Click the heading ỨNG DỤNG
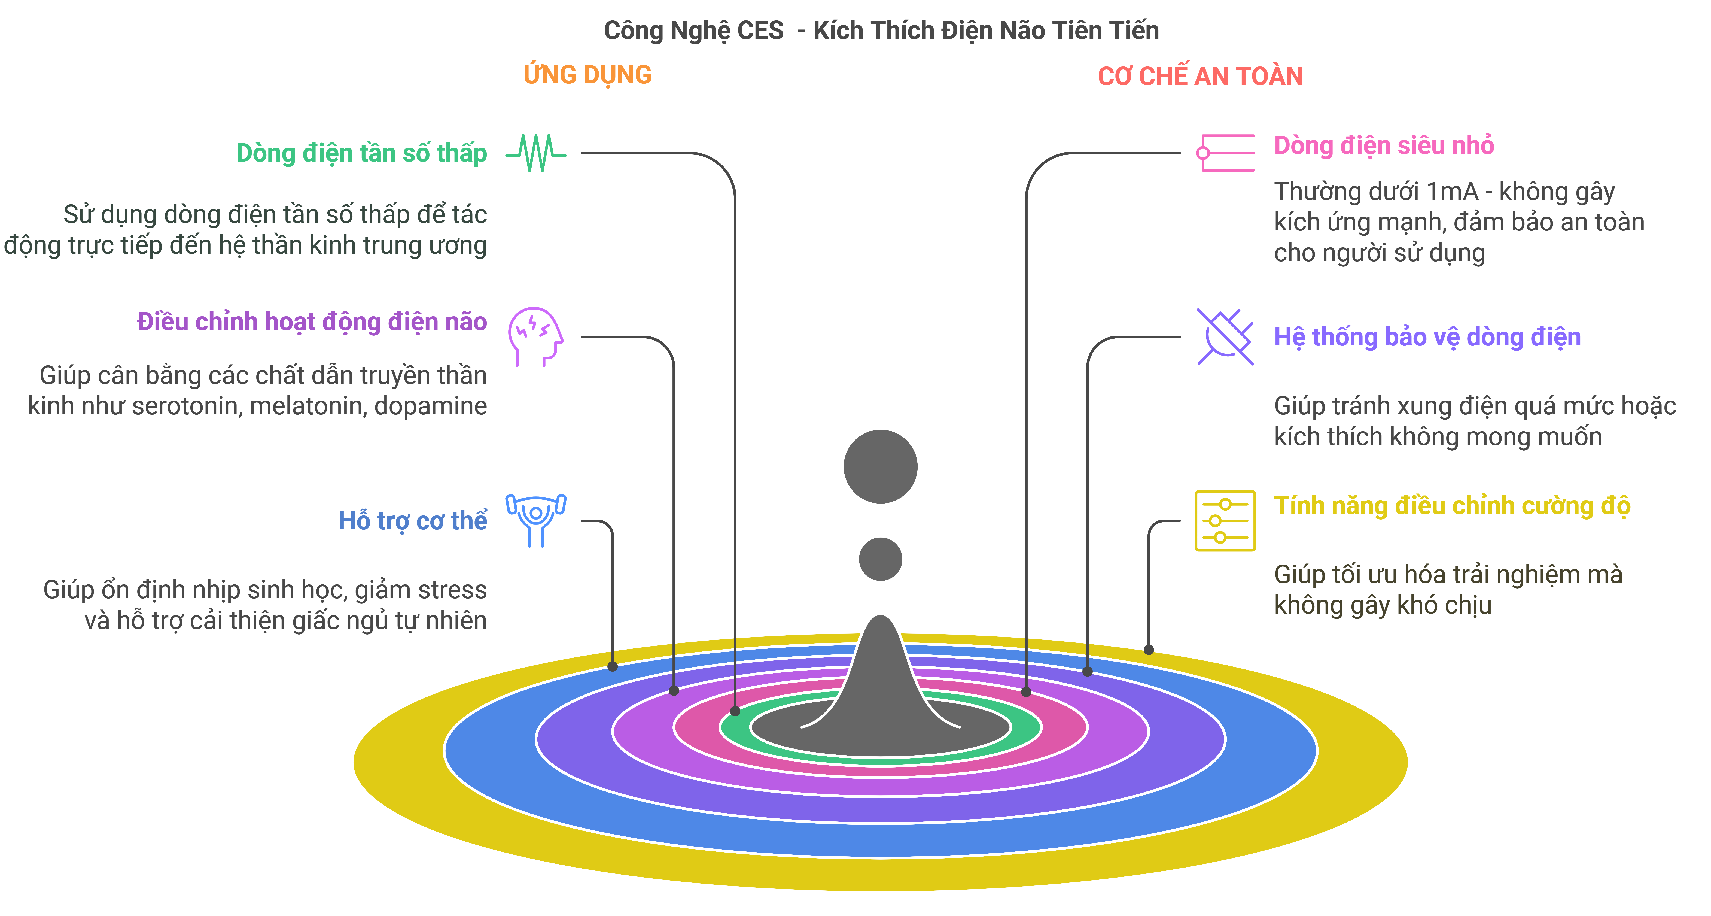[x=587, y=74]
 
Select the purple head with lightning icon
[x=535, y=336]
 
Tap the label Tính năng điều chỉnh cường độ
[x=1452, y=506]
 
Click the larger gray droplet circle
[x=880, y=466]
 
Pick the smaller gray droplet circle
[x=880, y=559]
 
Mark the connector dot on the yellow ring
[x=1148, y=650]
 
